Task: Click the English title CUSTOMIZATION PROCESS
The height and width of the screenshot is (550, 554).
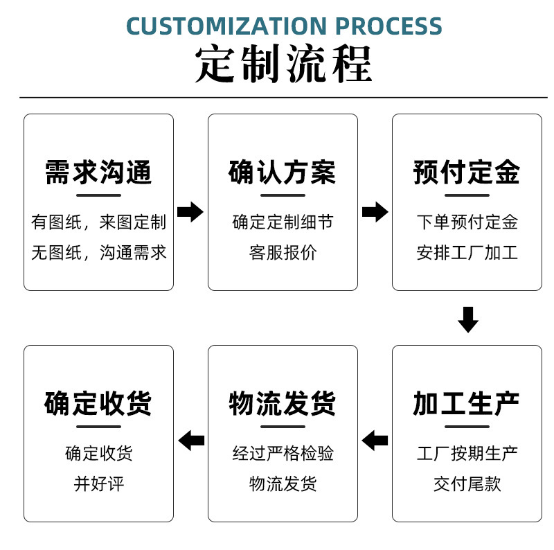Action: (284, 26)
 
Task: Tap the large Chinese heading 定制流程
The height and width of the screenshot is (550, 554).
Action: (284, 65)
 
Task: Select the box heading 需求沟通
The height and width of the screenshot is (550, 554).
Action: (98, 172)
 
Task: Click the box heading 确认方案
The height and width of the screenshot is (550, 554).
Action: (283, 172)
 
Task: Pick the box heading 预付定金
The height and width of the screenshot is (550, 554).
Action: (467, 172)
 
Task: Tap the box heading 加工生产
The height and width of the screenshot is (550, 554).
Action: (467, 403)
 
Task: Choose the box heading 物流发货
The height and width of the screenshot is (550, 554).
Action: (283, 403)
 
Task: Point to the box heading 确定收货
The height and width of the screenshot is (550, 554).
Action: (98, 403)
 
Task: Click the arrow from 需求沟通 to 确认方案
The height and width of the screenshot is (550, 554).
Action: (190, 211)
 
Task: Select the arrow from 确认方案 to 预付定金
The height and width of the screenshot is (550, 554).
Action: (375, 211)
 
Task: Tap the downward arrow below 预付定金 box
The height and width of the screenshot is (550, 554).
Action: (468, 319)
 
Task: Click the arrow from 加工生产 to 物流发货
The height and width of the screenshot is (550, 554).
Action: (375, 439)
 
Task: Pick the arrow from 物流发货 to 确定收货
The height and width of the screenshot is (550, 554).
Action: (191, 439)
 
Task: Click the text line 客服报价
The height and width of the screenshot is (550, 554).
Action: (283, 253)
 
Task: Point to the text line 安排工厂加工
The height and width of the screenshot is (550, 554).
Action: (467, 253)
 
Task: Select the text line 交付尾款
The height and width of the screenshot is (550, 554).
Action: (467, 484)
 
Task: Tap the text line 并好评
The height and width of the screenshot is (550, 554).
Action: (98, 484)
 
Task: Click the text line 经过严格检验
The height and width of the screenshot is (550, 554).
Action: (283, 454)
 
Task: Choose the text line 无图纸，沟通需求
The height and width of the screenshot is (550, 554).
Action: (98, 253)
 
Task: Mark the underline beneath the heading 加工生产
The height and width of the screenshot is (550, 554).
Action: (467, 425)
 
